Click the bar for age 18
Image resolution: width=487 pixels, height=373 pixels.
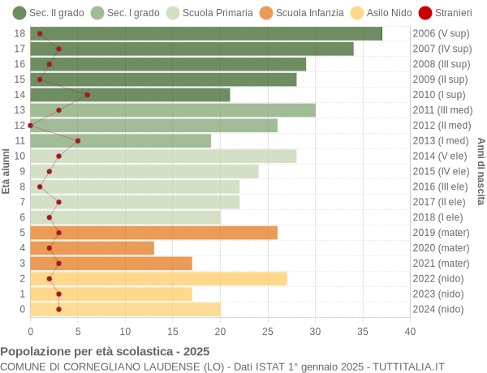[206, 33]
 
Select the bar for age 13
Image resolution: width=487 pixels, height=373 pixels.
[173, 110]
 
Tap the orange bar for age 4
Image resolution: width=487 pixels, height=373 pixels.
[92, 248]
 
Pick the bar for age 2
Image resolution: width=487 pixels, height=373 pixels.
[158, 279]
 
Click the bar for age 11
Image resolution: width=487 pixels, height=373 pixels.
[120, 140]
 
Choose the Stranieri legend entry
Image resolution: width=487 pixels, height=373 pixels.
[444, 13]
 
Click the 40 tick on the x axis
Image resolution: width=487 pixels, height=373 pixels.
[410, 331]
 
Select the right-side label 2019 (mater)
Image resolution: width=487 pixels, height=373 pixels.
[441, 233]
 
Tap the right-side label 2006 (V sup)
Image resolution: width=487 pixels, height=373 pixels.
[441, 33]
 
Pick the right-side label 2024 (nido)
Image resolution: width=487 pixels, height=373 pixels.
[439, 309]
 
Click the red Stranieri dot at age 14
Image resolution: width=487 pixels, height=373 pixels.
[88, 95]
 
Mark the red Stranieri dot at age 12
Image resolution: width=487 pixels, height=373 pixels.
[31, 125]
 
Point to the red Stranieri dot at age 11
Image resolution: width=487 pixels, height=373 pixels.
[78, 140]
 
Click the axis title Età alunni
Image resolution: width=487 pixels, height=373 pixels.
[6, 171]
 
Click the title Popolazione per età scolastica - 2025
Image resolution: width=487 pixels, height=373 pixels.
[105, 351]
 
